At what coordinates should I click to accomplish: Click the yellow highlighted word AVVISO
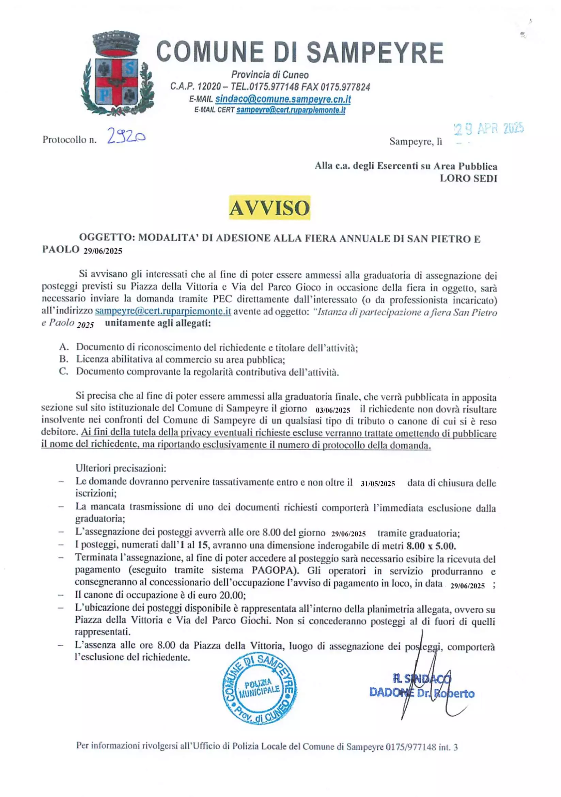[269, 208]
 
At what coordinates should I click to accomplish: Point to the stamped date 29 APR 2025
[489, 129]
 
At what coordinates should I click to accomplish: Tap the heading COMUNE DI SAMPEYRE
[300, 52]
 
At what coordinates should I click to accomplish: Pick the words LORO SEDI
[468, 179]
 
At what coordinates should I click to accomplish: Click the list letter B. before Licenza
[64, 359]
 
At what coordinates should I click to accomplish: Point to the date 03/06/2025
[333, 410]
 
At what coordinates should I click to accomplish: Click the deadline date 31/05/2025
[377, 484]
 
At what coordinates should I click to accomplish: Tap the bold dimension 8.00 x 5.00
[431, 546]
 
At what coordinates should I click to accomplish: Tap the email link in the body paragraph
[163, 311]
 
